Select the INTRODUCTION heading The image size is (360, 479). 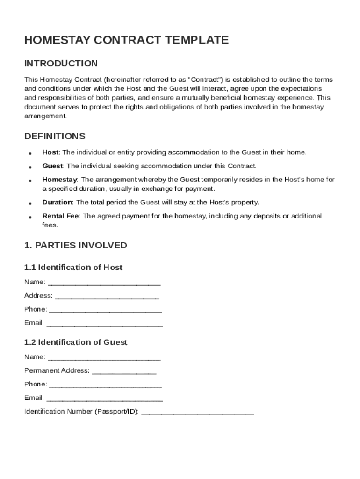coord(61,64)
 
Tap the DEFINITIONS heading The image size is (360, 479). coord(55,137)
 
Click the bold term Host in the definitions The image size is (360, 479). coord(50,152)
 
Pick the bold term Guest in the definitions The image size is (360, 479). coord(53,166)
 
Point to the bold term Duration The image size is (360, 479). coord(57,203)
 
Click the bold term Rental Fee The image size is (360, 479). coord(61,216)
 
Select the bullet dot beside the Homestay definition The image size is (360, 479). coord(30,181)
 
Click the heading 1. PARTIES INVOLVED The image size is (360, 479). coord(75,246)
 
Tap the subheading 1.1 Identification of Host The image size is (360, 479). coord(73,268)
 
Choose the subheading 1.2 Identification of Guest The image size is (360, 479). coord(76,342)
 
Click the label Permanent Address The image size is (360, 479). coord(57,370)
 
